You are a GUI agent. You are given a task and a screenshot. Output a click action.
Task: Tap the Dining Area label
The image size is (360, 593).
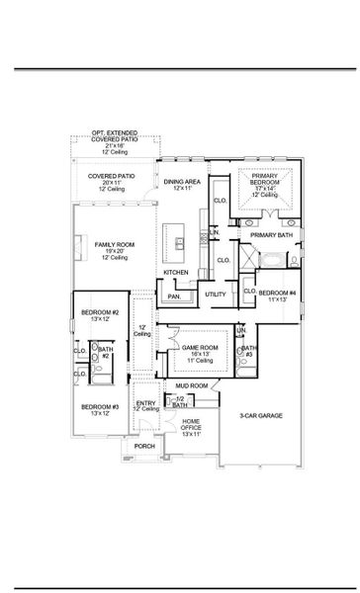[x=182, y=182]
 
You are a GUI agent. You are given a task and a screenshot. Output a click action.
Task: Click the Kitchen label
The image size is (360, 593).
[x=175, y=272]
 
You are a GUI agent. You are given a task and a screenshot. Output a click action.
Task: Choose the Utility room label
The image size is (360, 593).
[x=215, y=295]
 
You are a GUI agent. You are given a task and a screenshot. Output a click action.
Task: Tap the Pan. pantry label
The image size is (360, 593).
[x=174, y=296]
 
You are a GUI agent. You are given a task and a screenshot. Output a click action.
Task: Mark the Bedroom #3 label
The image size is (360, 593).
[x=100, y=407]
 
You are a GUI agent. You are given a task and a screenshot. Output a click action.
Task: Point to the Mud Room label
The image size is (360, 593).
[x=192, y=385]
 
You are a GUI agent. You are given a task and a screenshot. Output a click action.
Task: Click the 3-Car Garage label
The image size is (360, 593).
[x=261, y=417]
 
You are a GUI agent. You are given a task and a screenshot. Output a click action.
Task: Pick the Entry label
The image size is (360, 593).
[x=146, y=403]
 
